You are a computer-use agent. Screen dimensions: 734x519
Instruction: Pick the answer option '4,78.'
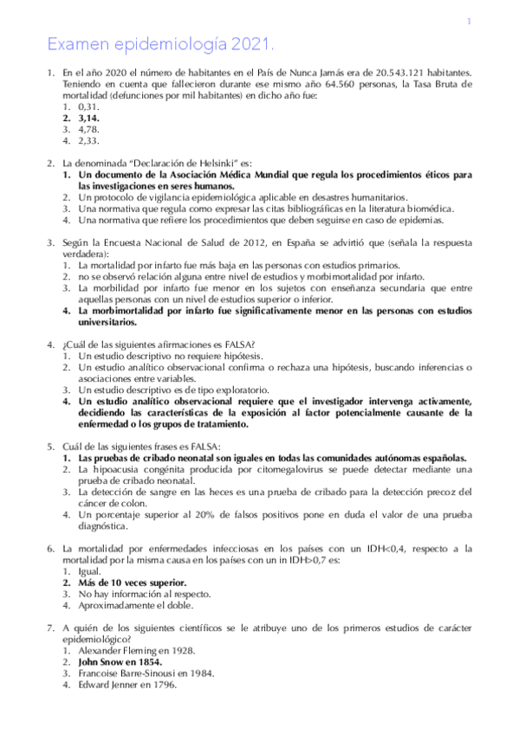point(91,127)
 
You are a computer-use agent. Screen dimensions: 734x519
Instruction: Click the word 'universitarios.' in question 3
point(107,322)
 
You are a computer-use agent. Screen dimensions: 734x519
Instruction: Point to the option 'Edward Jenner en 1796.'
point(127,685)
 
